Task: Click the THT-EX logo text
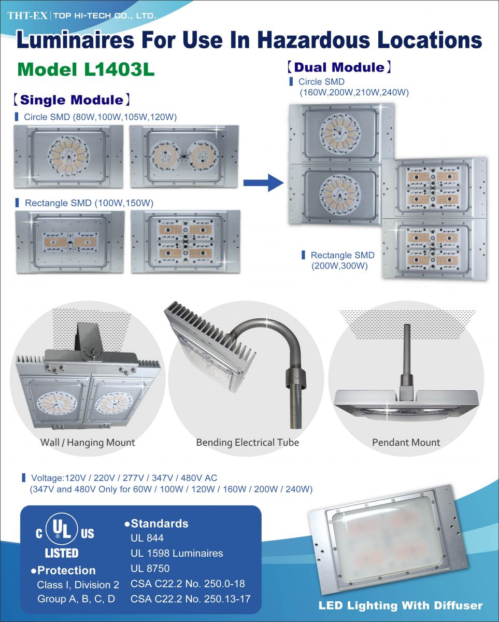[x=27, y=16]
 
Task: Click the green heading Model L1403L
[x=85, y=69]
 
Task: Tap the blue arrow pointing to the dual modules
[x=263, y=182]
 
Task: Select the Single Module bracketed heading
[x=72, y=100]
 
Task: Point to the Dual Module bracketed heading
[x=339, y=67]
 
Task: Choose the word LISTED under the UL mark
[x=62, y=553]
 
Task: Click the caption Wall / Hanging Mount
[x=88, y=443]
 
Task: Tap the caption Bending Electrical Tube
[x=247, y=443]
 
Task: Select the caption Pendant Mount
[x=406, y=443]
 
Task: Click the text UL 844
[x=148, y=539]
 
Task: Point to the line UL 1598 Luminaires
[x=177, y=554]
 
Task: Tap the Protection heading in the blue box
[x=64, y=571]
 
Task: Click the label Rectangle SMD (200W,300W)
[x=342, y=261]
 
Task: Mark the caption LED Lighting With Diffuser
[x=400, y=605]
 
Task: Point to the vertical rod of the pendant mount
[x=406, y=355]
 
